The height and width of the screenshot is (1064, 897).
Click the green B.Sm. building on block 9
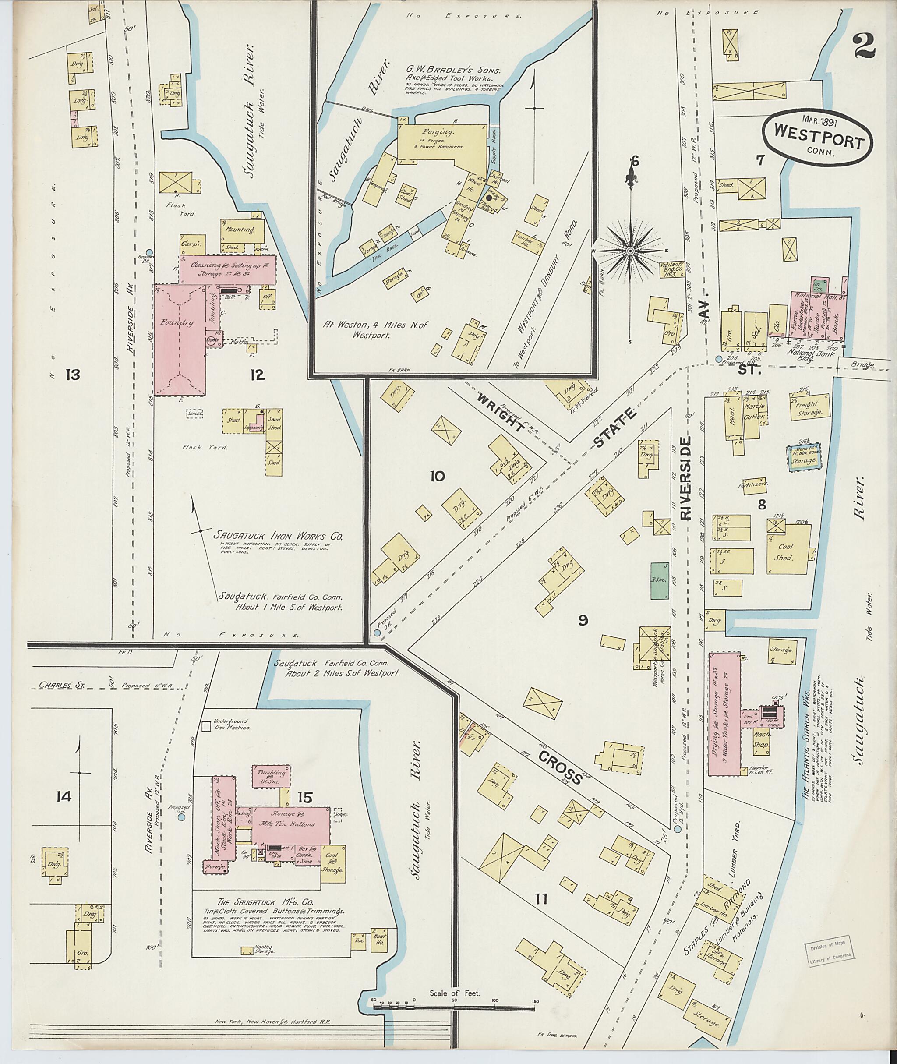[x=659, y=581]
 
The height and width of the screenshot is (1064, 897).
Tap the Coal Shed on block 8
[x=786, y=551]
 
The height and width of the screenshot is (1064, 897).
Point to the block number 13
[x=73, y=375]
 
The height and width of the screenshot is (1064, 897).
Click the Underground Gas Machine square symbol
[x=206, y=727]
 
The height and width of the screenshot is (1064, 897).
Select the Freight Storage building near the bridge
[x=809, y=407]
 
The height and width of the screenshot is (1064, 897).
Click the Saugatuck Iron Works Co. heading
[x=278, y=536]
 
